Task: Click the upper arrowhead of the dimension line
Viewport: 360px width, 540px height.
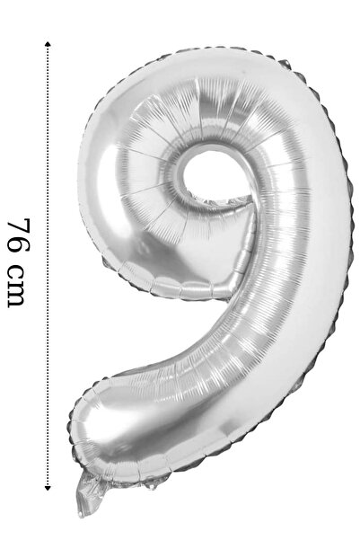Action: click(48, 44)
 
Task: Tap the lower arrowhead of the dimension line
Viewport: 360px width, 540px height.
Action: click(48, 487)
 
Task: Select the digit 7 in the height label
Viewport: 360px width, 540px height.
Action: click(18, 227)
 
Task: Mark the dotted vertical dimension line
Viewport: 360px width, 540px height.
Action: click(48, 266)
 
